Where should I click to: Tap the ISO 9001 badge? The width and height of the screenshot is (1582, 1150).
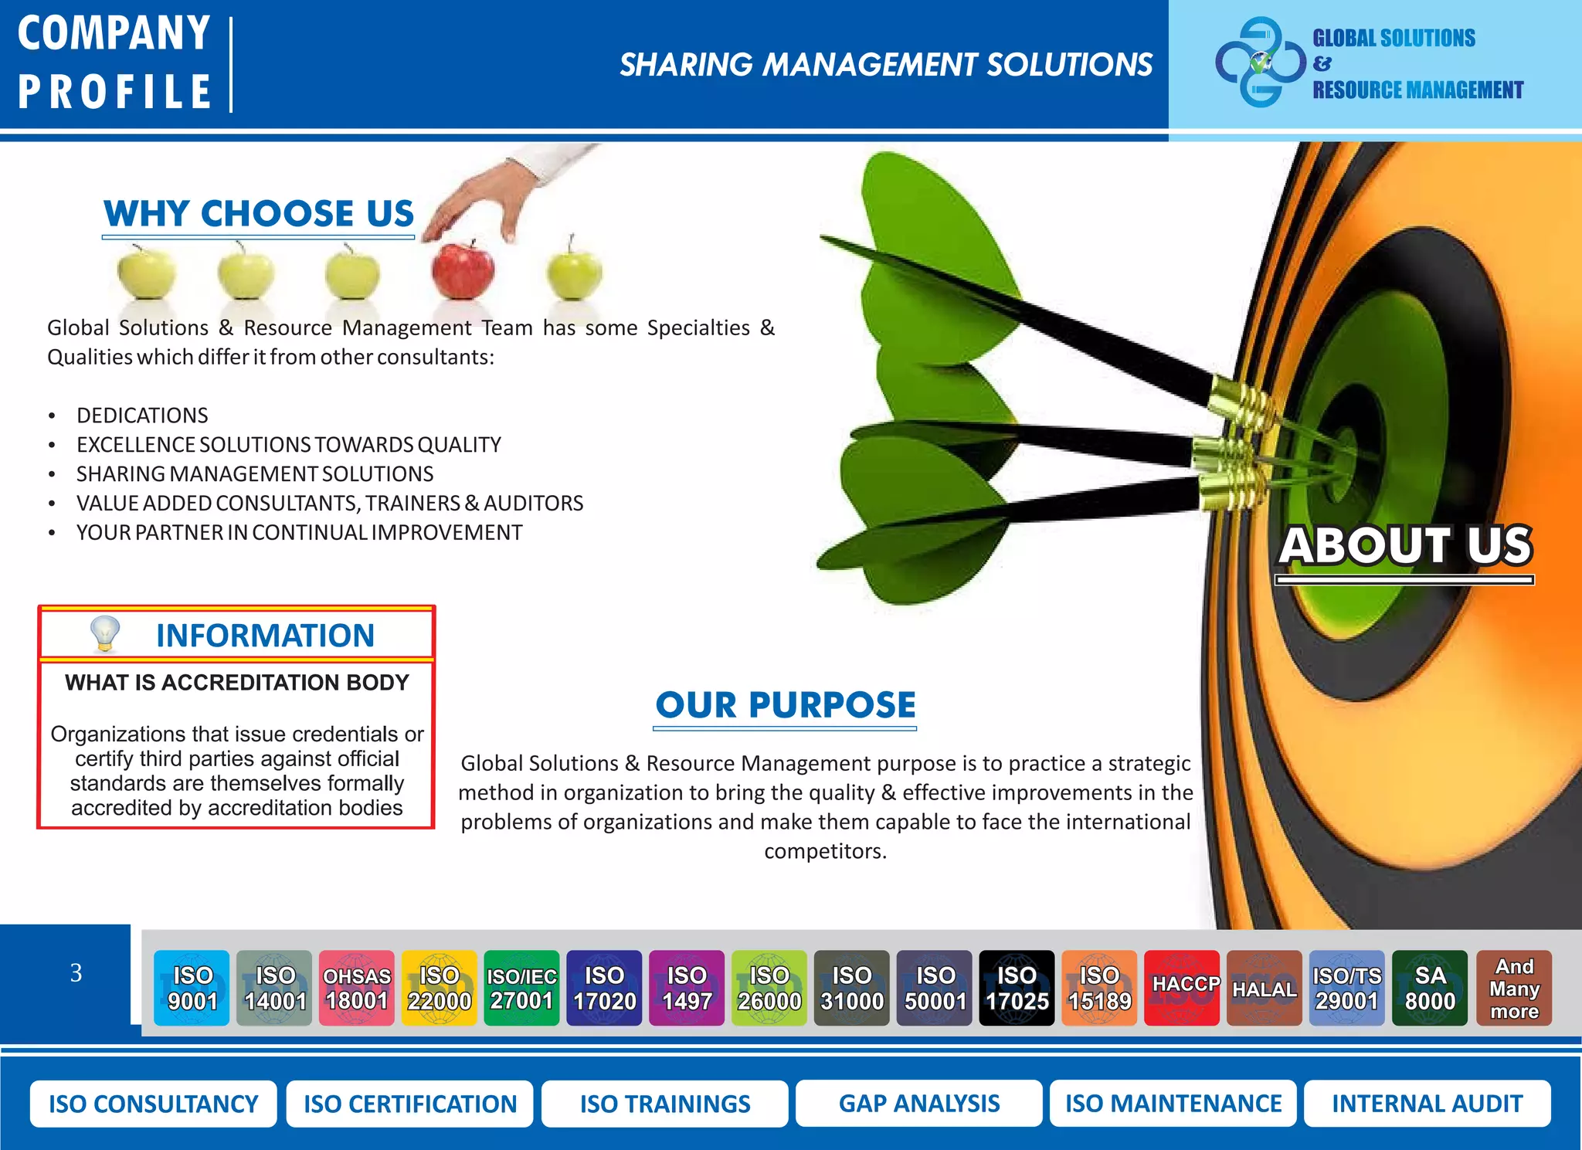click(x=192, y=988)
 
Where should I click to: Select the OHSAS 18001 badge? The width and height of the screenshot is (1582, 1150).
click(x=357, y=988)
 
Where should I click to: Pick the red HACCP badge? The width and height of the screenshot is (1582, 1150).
click(x=1182, y=988)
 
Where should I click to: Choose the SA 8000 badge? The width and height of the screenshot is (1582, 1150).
click(x=1430, y=988)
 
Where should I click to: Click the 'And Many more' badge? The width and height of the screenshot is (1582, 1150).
click(x=1514, y=988)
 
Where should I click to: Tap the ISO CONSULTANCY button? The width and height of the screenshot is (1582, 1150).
click(x=153, y=1104)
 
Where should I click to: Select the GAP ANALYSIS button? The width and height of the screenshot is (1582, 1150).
click(x=919, y=1104)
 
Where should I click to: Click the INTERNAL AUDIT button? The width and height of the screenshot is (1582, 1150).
click(x=1428, y=1104)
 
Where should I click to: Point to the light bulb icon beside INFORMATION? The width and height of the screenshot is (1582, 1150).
click(x=105, y=634)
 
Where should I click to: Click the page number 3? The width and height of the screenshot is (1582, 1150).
click(x=76, y=972)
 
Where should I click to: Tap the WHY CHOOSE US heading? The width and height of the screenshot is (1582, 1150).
click(x=259, y=214)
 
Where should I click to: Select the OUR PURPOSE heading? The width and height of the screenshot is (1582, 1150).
click(x=785, y=705)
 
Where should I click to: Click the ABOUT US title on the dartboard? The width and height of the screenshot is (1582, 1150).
click(x=1405, y=545)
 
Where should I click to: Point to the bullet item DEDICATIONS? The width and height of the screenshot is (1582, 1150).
click(x=142, y=416)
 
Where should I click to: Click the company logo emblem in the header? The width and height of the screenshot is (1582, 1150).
click(x=1260, y=62)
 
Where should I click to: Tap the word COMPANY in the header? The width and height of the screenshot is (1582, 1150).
click(x=114, y=34)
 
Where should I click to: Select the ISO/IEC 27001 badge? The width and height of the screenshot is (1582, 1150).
click(x=521, y=988)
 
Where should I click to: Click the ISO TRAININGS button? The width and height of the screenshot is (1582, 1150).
click(x=665, y=1104)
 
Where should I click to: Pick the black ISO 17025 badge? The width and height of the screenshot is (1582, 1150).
click(x=1017, y=988)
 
